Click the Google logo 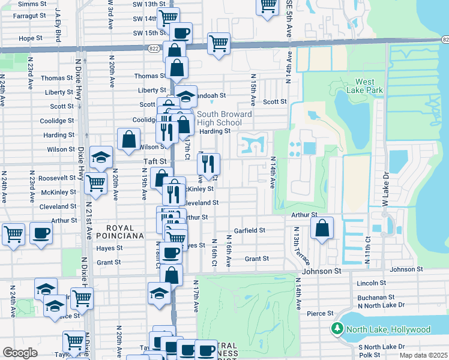pyautogui.click(x=20, y=353)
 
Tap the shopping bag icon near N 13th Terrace pyautogui.click(x=322, y=228)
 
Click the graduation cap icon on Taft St pyautogui.click(x=101, y=158)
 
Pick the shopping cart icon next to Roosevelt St pyautogui.click(x=95, y=184)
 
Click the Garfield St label pyautogui.click(x=250, y=230)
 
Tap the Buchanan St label pyautogui.click(x=373, y=297)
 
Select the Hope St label pyautogui.click(x=30, y=38)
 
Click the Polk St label pyautogui.click(x=369, y=355)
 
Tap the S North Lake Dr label pyautogui.click(x=381, y=347)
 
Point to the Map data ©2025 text pyautogui.click(x=423, y=355)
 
